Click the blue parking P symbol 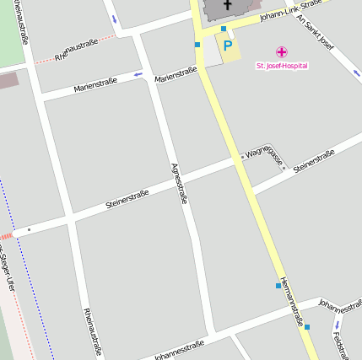227,45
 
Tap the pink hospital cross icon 282,51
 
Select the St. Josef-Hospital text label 282,66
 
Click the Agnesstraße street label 178,184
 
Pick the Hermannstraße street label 291,301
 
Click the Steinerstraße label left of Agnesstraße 127,200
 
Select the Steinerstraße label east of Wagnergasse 314,160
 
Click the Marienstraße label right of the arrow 176,74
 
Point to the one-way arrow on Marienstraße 138,75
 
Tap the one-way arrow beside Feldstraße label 336,325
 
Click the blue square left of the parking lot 197,44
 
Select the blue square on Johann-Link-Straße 224,28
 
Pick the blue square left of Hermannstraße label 278,286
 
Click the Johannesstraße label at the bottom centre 179,349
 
